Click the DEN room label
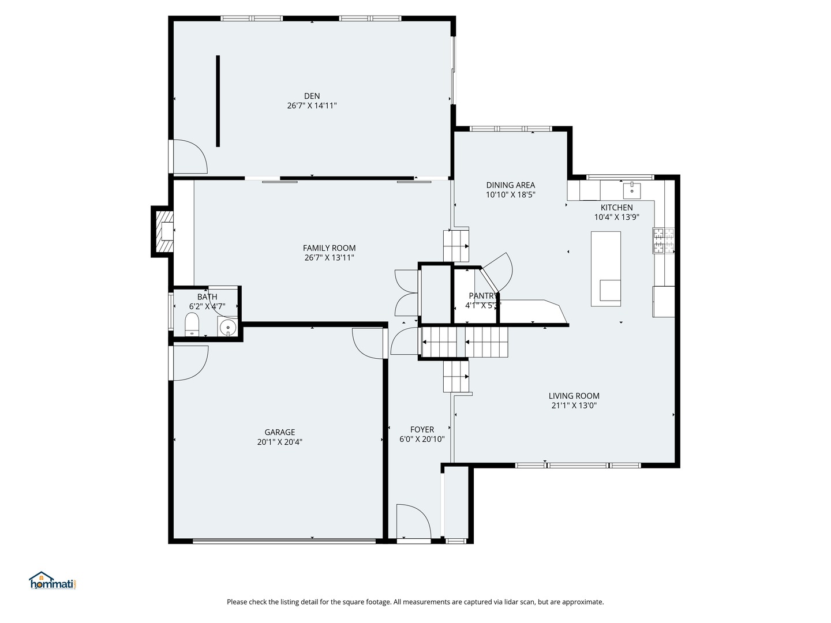(x=312, y=96)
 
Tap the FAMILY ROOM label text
(x=329, y=248)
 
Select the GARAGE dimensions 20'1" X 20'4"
(x=280, y=442)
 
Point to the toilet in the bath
(x=192, y=324)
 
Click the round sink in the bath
(x=227, y=327)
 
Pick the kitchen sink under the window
(x=632, y=190)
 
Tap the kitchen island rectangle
(x=606, y=269)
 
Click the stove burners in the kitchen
(x=663, y=241)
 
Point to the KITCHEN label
(x=616, y=208)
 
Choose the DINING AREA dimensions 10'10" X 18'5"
(x=510, y=195)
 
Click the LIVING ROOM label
(x=574, y=396)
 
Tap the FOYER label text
(x=422, y=430)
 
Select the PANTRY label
(x=482, y=296)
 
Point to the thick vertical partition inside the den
(x=218, y=101)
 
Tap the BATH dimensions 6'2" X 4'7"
(x=207, y=306)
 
